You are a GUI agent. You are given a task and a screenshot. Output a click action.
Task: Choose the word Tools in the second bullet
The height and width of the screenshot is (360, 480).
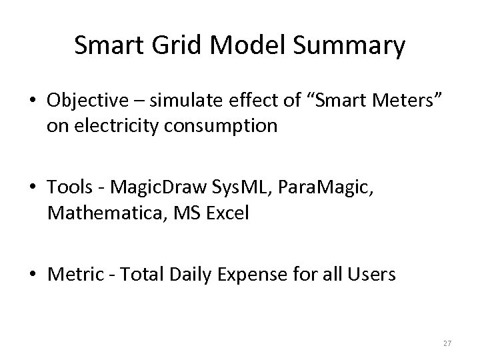point(69,189)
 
